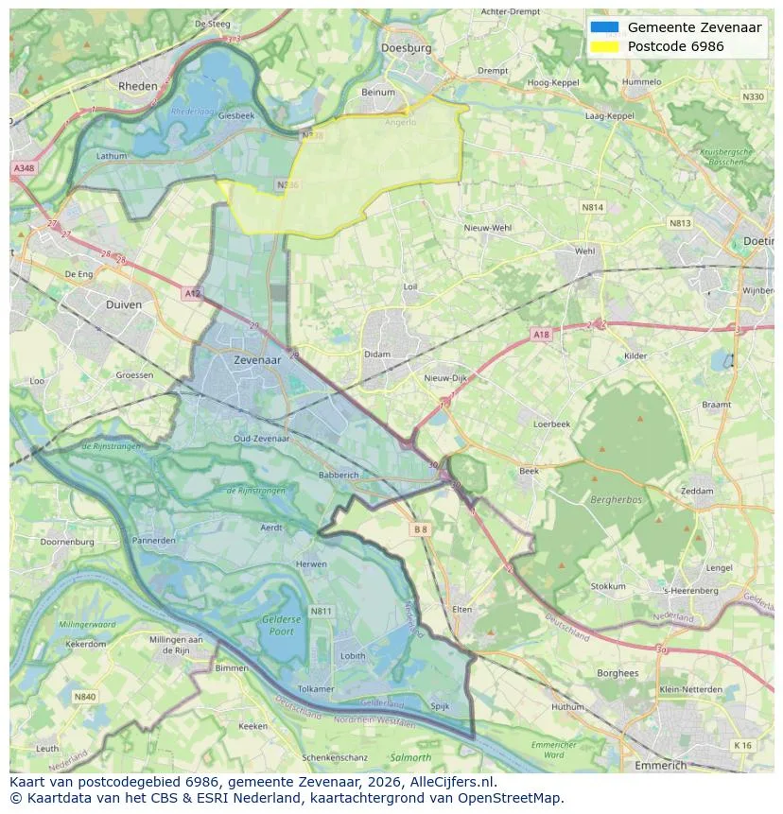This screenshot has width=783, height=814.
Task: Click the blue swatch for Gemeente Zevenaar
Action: (x=604, y=27)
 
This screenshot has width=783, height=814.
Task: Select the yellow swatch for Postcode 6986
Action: (x=604, y=46)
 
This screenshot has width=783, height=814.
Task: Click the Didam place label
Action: (x=376, y=355)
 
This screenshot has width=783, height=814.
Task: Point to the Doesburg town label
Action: (x=406, y=47)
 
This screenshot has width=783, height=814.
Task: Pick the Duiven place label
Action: (x=124, y=304)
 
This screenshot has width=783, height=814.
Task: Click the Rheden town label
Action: (x=138, y=85)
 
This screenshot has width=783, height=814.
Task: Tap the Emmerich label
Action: (x=661, y=765)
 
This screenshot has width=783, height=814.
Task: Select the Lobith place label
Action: (x=353, y=655)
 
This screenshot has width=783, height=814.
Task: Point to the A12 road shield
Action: (x=193, y=294)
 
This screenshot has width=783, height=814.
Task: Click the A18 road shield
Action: (x=540, y=335)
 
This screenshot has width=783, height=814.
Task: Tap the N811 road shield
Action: (x=322, y=612)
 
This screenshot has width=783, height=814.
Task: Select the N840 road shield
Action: (x=85, y=697)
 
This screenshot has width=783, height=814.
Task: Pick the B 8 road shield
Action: (x=421, y=530)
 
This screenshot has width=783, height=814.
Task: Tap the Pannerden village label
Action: (x=153, y=541)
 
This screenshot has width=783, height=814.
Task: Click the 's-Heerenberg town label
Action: (x=690, y=591)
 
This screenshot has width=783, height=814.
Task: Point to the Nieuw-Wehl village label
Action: (x=487, y=228)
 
